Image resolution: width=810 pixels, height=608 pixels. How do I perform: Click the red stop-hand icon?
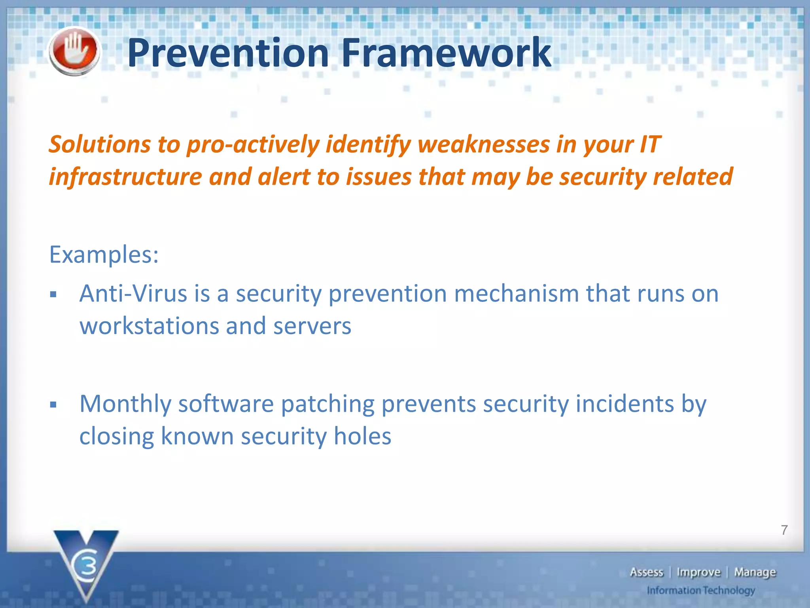74,51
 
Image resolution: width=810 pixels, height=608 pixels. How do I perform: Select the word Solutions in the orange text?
100,144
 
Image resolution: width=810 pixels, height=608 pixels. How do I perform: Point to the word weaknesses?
483,144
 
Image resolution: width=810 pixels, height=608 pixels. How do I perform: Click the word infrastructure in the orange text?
125,177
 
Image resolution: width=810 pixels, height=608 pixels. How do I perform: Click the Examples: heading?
104,255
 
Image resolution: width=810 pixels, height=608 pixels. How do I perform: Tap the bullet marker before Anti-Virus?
54,294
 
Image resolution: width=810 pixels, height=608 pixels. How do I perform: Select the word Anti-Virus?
133,294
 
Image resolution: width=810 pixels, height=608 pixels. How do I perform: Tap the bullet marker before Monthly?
54,405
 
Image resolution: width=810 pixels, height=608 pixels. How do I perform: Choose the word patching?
327,404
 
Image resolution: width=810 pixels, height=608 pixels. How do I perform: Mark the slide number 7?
784,530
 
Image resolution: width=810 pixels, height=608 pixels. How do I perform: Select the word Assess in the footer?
646,572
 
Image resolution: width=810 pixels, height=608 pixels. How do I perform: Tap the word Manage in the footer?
755,572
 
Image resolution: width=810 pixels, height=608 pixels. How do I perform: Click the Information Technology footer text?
700,591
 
